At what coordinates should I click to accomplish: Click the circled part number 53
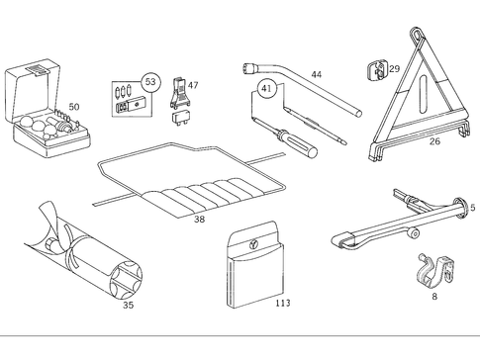click(149, 81)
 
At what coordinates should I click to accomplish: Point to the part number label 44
click(316, 75)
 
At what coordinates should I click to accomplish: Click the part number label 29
click(394, 68)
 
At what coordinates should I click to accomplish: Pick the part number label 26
click(434, 141)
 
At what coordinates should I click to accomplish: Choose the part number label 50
click(73, 107)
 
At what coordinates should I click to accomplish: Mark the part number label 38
click(200, 220)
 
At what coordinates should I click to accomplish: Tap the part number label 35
click(128, 307)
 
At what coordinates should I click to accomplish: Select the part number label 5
click(472, 208)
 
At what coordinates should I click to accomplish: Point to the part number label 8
click(434, 295)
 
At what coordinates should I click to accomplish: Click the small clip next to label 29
click(375, 69)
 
